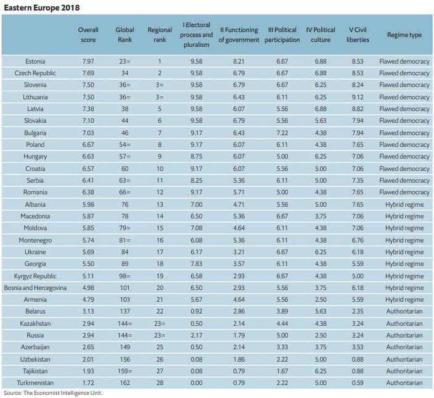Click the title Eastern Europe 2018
point(42,8)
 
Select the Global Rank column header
point(125,35)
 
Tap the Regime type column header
point(404,35)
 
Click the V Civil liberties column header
point(358,35)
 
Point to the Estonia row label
point(35,61)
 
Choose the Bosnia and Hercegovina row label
point(35,288)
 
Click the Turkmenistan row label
point(35,383)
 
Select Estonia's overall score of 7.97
point(88,61)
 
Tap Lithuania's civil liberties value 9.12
point(358,97)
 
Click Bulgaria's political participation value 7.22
point(282,133)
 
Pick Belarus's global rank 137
point(125,312)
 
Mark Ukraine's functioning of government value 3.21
point(239,252)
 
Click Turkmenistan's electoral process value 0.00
point(196,383)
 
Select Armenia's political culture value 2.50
point(321,299)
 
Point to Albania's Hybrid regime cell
point(404,204)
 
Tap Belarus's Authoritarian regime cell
point(404,312)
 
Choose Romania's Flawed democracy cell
point(404,193)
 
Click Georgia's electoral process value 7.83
point(196,263)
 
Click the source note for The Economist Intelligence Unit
point(53,392)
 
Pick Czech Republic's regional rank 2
point(160,73)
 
